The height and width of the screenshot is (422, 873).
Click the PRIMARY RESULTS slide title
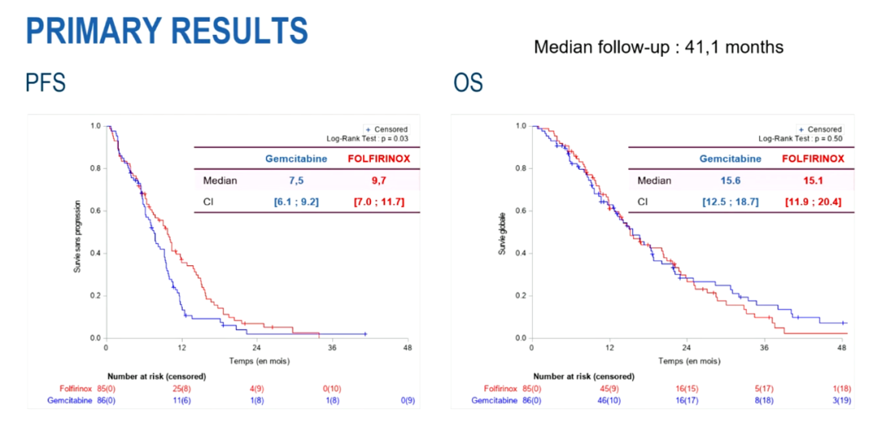pyautogui.click(x=167, y=31)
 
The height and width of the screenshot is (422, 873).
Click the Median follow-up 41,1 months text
pyautogui.click(x=658, y=47)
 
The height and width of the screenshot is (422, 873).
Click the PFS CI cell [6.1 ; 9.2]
pyautogui.click(x=296, y=201)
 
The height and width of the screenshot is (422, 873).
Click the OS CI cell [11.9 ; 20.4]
pyautogui.click(x=809, y=201)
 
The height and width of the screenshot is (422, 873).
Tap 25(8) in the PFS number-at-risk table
pyautogui.click(x=182, y=388)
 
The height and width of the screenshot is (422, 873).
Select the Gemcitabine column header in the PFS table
pyautogui.click(x=296, y=158)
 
